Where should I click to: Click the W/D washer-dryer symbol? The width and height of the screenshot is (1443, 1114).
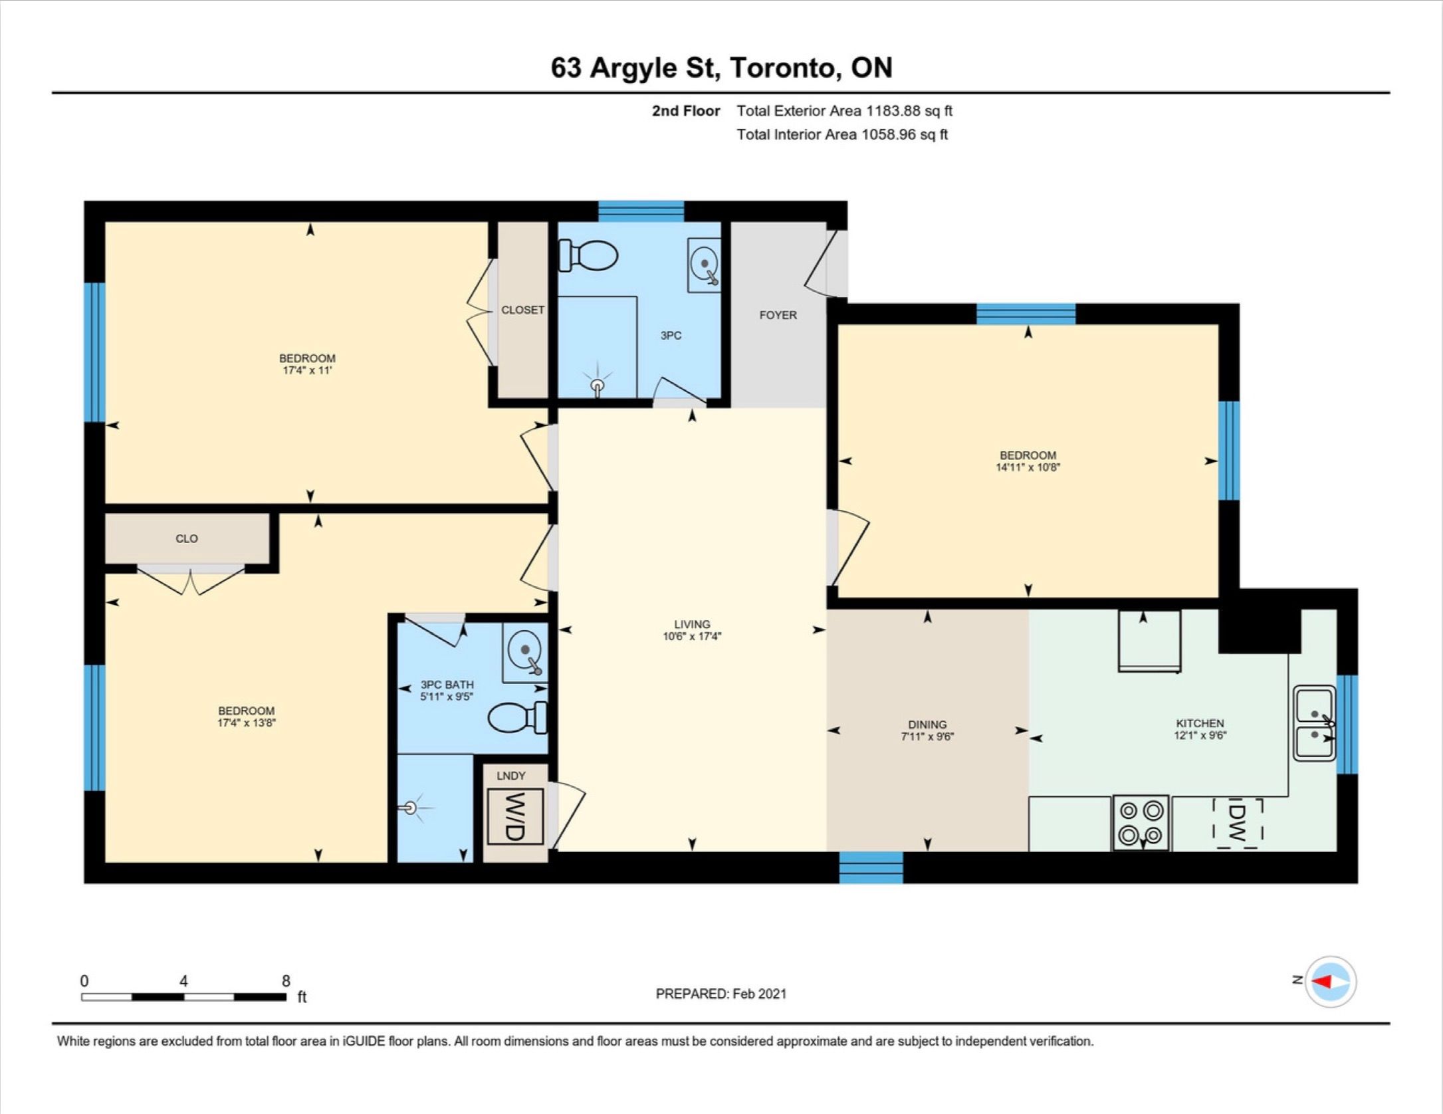(515, 816)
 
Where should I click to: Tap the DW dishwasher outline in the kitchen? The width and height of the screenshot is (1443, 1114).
(1237, 823)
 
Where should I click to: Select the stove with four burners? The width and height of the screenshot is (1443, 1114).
(1141, 823)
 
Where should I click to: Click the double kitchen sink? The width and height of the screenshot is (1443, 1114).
(1314, 723)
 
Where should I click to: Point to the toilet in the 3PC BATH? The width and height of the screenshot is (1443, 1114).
(518, 718)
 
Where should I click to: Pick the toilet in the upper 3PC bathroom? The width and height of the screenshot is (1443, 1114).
(588, 256)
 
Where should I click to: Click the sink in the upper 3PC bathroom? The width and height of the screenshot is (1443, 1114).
(703, 265)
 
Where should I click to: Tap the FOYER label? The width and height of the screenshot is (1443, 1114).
(778, 315)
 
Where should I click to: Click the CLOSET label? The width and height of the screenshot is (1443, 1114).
(522, 310)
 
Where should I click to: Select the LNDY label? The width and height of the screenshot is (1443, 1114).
(511, 776)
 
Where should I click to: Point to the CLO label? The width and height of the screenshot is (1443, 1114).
(187, 538)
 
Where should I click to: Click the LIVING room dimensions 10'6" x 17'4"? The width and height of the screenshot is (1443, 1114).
(692, 636)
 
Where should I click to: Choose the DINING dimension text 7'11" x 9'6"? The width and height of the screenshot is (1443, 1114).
(928, 736)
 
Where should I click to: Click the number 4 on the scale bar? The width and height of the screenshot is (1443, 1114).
(183, 980)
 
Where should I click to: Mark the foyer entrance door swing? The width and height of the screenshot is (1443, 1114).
(824, 263)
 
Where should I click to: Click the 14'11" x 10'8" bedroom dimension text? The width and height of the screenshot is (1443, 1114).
(1028, 467)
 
